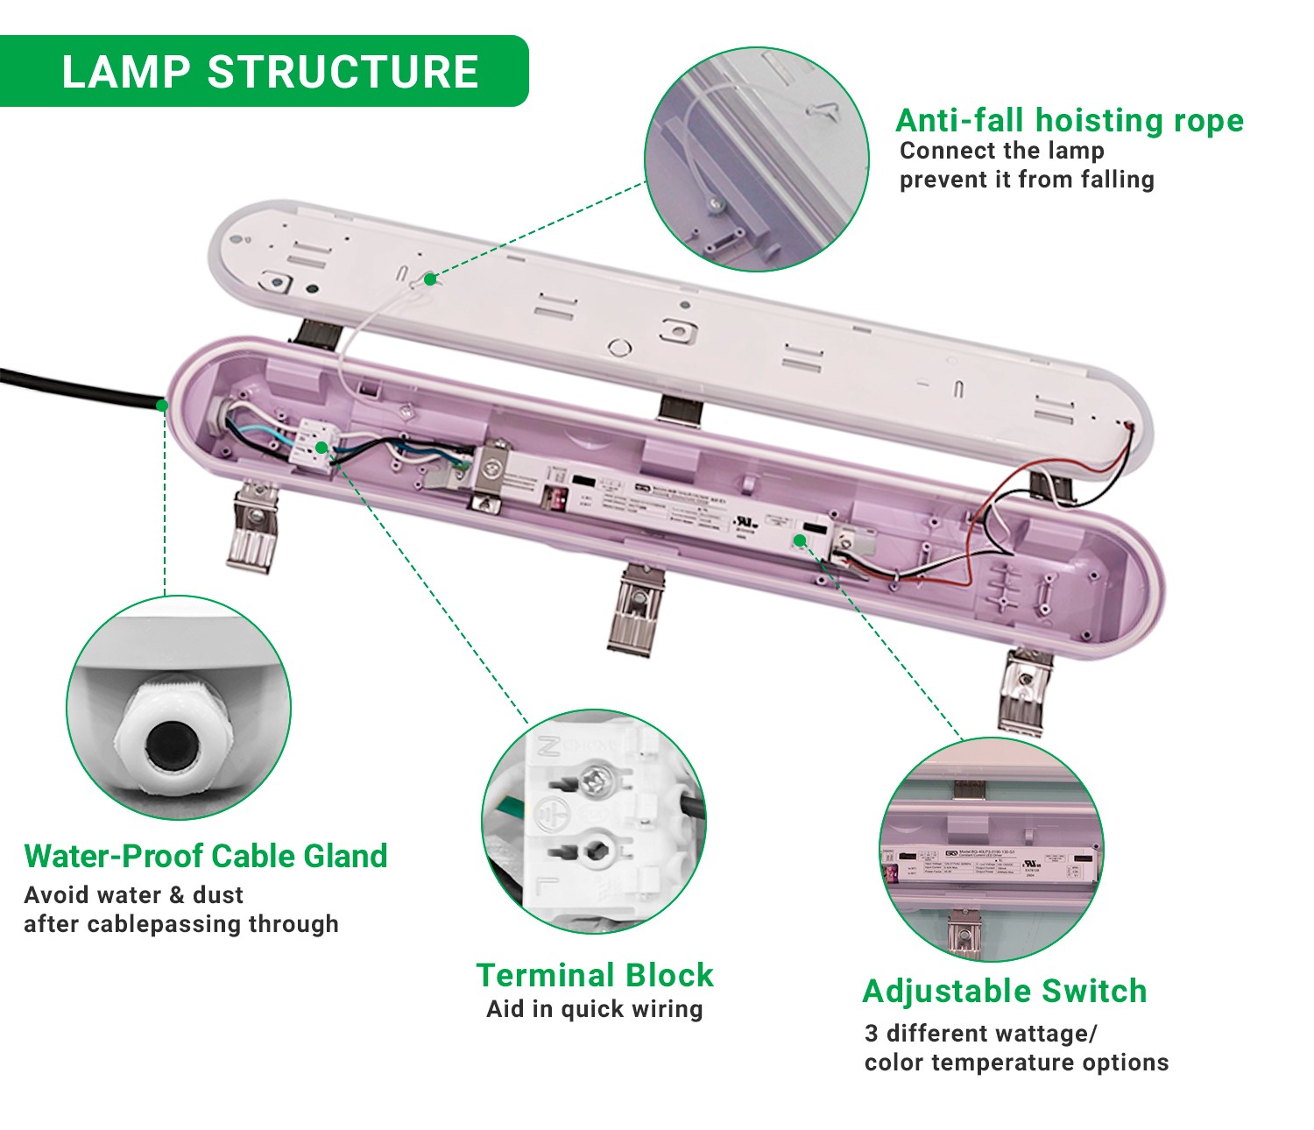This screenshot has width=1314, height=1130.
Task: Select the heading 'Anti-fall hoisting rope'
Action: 1069,120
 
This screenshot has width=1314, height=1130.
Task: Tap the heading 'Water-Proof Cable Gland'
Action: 206,856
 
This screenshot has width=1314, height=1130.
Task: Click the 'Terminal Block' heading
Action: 595,975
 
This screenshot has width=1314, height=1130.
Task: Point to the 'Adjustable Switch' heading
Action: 1005,991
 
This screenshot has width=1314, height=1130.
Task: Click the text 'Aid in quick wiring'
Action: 595,1009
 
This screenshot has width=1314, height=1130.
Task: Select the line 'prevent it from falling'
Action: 1027,180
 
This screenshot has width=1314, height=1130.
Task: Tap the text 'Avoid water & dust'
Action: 134,895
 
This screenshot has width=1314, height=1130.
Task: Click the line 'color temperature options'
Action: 1016,1063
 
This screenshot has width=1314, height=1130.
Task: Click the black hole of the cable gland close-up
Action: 169,745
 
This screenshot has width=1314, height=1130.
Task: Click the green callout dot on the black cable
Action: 162,405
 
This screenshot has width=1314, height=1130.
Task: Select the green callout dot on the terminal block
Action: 321,448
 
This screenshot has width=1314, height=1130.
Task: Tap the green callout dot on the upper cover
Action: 430,279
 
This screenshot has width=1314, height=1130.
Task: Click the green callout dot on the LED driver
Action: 800,540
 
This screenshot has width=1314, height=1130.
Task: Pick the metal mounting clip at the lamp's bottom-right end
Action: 1028,692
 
